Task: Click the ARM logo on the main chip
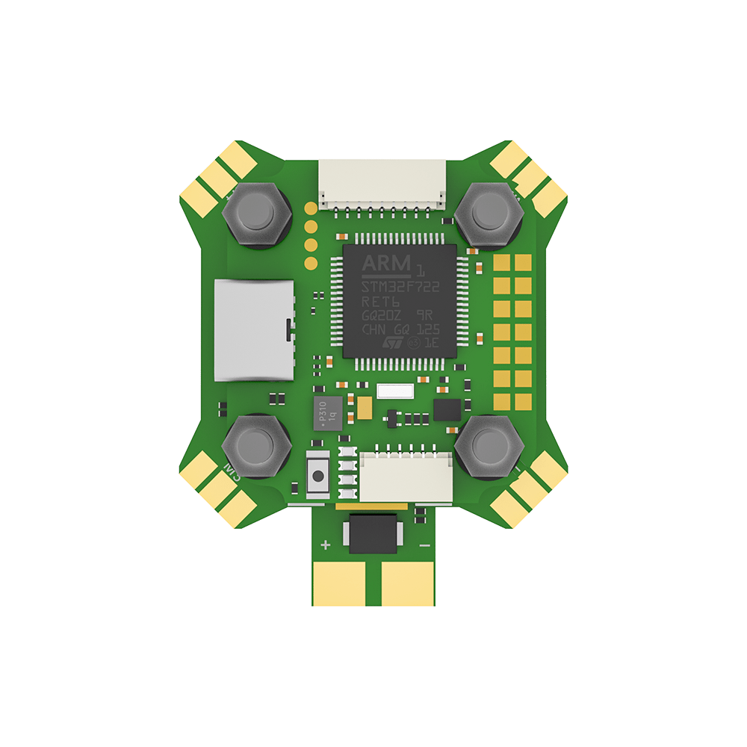pos(386,263)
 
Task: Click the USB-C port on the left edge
pos(254,330)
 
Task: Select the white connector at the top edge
pos(381,184)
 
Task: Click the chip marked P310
pos(326,412)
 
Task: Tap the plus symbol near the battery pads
pos(326,545)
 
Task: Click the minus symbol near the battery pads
pos(424,546)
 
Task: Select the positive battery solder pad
pos(339,583)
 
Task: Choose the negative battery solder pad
pos(408,583)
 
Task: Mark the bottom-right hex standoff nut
pos(489,447)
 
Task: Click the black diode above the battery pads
pos(373,533)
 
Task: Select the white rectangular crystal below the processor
pos(395,391)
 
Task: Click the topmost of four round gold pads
pos(310,208)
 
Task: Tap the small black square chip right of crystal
pos(447,409)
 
